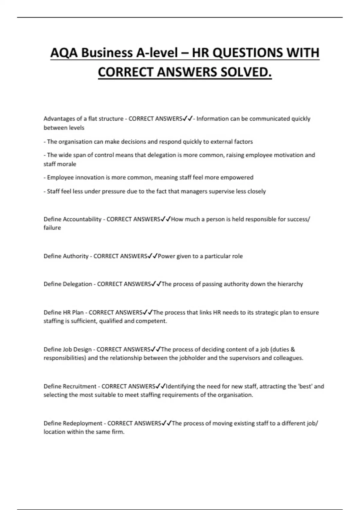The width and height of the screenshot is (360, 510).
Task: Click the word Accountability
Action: coord(82,219)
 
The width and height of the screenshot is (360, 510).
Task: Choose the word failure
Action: coord(52,228)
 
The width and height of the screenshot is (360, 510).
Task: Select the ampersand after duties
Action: coord(293,349)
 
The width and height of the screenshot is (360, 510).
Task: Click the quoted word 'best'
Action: coord(305,386)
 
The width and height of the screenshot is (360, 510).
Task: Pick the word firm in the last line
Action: coord(118,432)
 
